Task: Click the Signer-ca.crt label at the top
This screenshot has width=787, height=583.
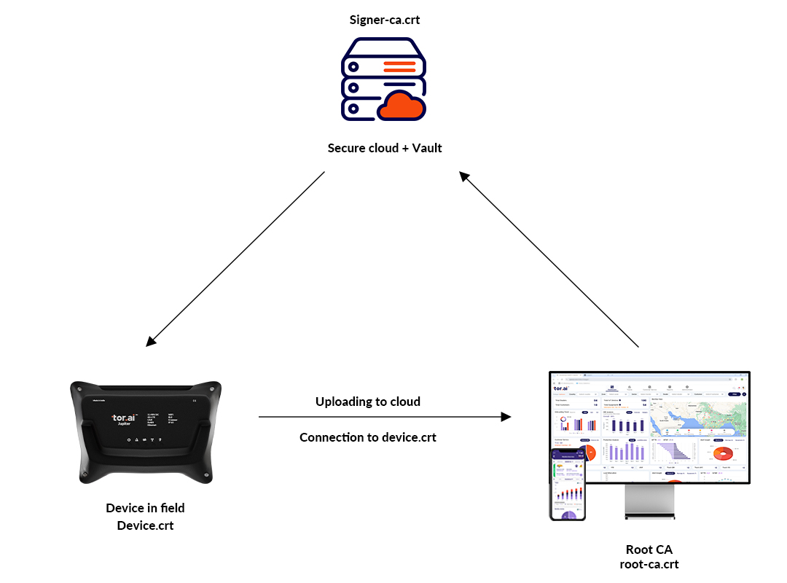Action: point(384,20)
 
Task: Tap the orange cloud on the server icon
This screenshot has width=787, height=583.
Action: point(402,107)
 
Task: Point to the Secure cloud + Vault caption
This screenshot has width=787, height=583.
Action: point(384,148)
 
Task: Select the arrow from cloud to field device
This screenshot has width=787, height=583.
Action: point(235,259)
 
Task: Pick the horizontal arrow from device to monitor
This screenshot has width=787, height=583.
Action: point(384,417)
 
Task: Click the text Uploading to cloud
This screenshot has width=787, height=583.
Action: point(367,402)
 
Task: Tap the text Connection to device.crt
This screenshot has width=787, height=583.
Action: point(367,437)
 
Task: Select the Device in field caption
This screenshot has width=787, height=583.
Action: point(145,508)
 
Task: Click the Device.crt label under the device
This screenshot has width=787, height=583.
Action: point(145,525)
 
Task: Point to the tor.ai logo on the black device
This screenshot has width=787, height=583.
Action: point(123,418)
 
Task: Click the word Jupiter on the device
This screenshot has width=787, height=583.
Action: point(123,427)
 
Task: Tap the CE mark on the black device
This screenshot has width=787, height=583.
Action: point(194,400)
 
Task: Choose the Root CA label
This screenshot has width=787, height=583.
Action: point(649,549)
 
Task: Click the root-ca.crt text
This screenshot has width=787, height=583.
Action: point(649,564)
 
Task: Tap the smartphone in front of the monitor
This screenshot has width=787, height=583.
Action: point(567,485)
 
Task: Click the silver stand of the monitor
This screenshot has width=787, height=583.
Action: point(649,503)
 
